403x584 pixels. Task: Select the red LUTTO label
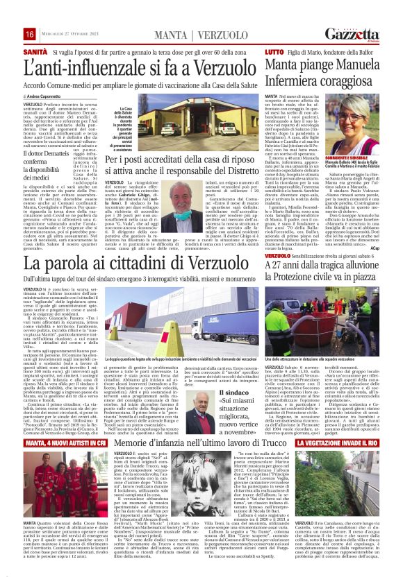coord(274,52)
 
